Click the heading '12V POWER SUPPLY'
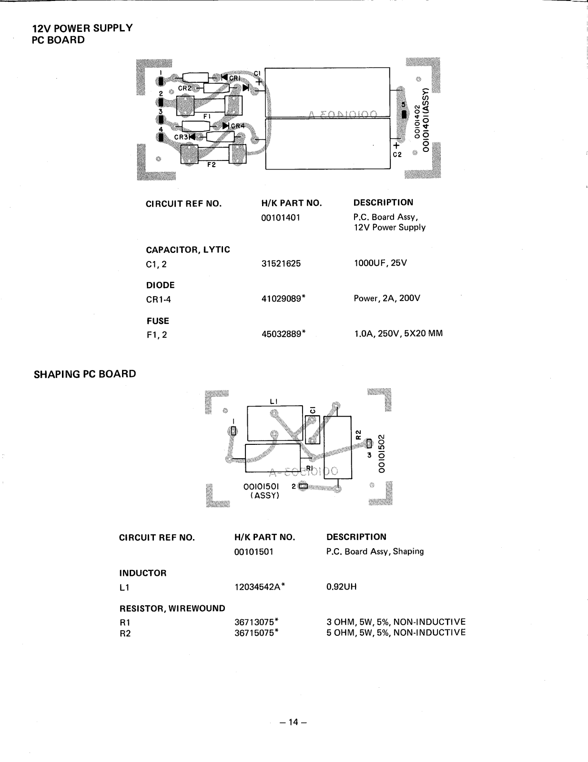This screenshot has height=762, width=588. tap(82, 28)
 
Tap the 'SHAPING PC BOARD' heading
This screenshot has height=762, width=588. tap(85, 374)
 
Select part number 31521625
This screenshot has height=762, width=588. tap(281, 263)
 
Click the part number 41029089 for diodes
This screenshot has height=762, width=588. tap(282, 299)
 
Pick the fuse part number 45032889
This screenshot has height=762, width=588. tap(282, 334)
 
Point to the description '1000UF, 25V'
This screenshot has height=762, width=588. tap(380, 263)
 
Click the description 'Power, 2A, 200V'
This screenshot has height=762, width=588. tap(387, 299)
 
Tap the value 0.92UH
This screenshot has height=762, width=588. tap(341, 587)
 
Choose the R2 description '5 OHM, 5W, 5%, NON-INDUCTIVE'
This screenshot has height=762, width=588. tap(396, 633)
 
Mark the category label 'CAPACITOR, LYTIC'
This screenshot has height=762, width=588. tap(188, 250)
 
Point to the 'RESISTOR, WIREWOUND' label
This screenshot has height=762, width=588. tap(172, 608)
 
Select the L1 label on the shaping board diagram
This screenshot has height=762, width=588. tap(274, 401)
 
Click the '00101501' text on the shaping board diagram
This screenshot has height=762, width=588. tap(261, 487)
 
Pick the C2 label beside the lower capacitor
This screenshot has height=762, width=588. tap(397, 155)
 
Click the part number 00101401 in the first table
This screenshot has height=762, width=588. tap(281, 218)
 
